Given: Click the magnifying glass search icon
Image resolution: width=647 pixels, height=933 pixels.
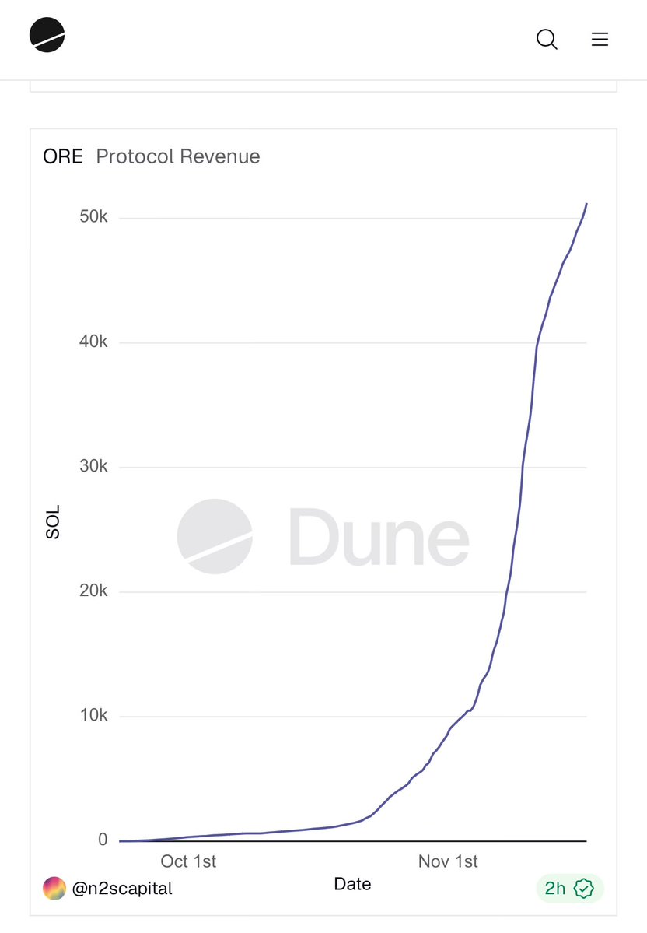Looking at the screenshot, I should (x=547, y=39).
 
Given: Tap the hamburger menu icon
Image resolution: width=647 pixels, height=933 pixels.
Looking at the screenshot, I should (x=600, y=39).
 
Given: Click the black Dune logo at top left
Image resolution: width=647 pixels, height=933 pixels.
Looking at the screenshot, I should (x=47, y=35).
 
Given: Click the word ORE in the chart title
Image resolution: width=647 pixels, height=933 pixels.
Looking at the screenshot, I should (x=63, y=156).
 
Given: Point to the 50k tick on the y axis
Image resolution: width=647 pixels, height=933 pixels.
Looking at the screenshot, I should (x=93, y=217).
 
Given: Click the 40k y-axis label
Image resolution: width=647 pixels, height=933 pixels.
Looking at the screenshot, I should (x=93, y=342).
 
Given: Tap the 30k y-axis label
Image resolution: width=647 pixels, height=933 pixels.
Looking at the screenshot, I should (x=93, y=466).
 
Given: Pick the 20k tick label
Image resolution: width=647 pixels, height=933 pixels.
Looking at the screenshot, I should (x=93, y=591).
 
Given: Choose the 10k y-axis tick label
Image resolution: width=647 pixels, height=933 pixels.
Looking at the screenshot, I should (x=93, y=715).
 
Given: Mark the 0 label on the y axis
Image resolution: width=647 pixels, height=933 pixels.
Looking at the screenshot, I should (x=103, y=840).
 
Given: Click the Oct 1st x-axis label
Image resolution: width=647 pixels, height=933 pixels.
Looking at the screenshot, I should (x=188, y=861).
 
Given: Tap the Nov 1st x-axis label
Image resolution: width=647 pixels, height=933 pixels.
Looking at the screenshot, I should (x=448, y=861).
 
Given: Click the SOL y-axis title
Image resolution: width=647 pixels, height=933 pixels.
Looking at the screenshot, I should (x=53, y=523).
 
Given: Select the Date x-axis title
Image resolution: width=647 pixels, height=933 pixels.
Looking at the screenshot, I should (x=352, y=884).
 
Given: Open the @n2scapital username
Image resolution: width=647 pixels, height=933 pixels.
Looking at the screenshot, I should (x=122, y=888).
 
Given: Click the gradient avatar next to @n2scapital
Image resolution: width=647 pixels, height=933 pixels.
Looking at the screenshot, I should (x=54, y=888).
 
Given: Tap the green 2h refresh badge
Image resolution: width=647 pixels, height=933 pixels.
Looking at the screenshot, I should (x=569, y=888).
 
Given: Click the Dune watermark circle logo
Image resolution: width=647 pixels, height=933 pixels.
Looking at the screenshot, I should (x=215, y=536).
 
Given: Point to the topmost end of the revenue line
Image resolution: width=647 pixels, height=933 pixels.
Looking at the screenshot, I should (x=586, y=204).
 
